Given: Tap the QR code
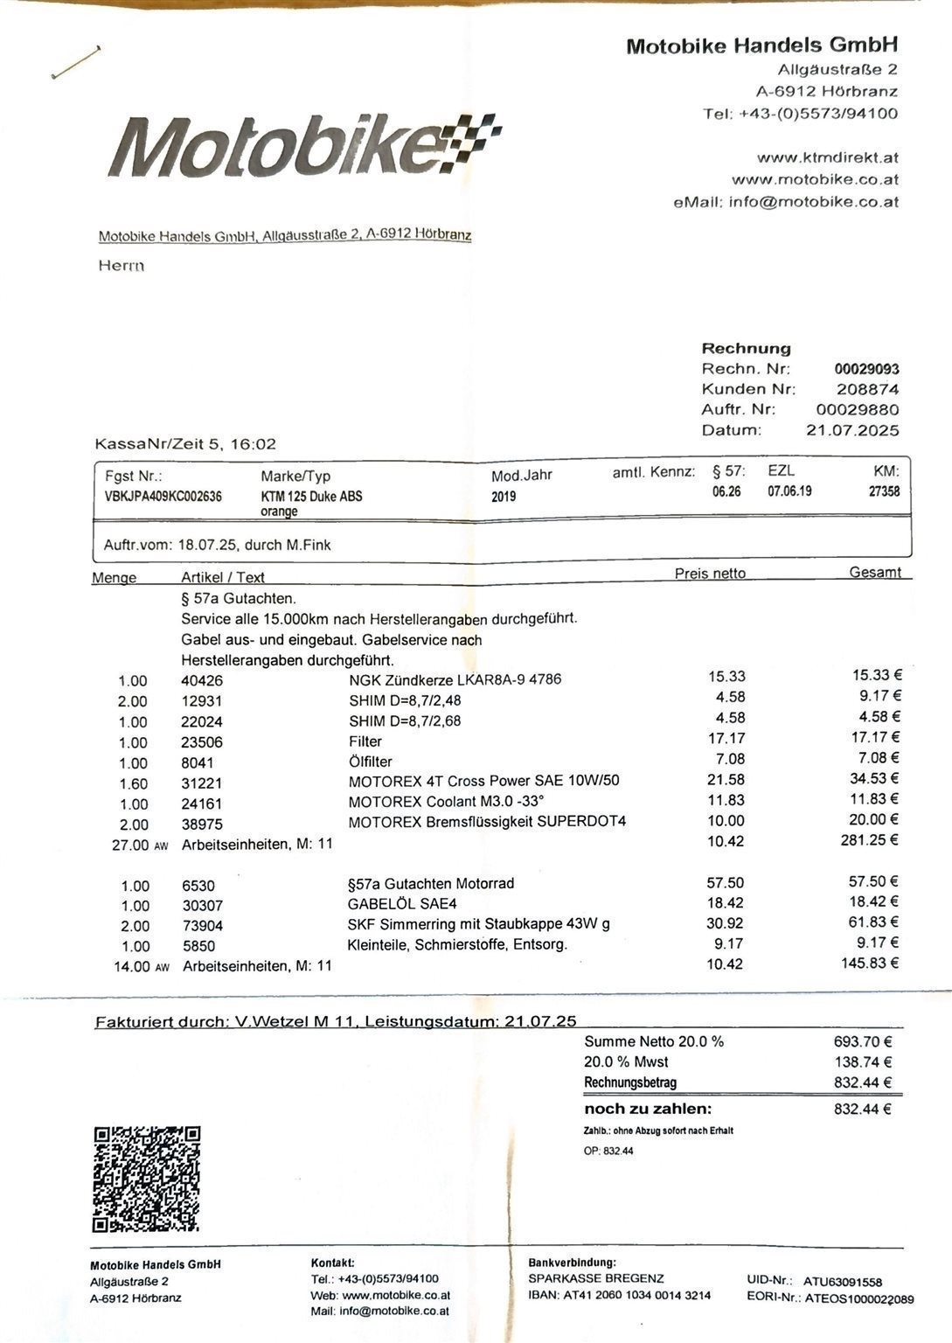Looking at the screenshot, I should click(x=147, y=1178).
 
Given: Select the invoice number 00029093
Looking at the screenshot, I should click(x=866, y=369).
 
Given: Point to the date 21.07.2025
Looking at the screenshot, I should click(x=851, y=430).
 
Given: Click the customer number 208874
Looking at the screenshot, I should click(x=867, y=389).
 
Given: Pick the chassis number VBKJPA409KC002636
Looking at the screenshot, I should click(x=163, y=497).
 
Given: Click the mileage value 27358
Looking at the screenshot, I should click(x=884, y=491).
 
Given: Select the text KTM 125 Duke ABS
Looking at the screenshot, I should click(x=311, y=496).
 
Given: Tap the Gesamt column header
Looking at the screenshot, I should click(x=875, y=573).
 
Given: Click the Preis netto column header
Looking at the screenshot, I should click(x=710, y=574).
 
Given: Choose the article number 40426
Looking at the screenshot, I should click(x=202, y=680).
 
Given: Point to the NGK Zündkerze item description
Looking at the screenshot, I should click(x=455, y=679).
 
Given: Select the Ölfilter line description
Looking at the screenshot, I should click(x=371, y=762).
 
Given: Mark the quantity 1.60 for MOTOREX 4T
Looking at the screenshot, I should click(x=133, y=783).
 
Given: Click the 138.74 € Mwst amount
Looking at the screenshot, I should click(x=863, y=1061).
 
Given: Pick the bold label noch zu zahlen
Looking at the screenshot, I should click(x=648, y=1109).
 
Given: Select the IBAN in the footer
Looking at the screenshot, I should click(x=619, y=1295).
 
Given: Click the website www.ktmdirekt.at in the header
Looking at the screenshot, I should click(x=827, y=158).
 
